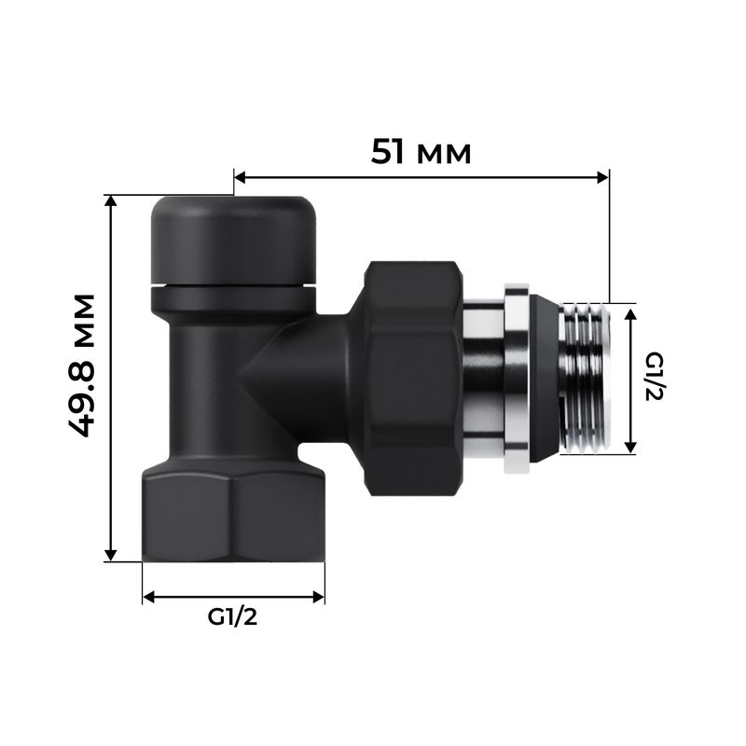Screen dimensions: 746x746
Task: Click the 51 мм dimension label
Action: (421, 151)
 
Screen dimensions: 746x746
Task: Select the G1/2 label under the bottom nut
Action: (232, 617)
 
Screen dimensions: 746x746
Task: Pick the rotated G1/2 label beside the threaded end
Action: (654, 378)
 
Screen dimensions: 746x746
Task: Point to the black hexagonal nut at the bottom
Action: (233, 517)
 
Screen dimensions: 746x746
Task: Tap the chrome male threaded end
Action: (586, 378)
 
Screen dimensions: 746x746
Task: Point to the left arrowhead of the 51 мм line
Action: (239, 175)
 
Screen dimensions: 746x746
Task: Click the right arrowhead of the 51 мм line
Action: (602, 175)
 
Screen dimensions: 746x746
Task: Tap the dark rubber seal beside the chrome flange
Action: (544, 378)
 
